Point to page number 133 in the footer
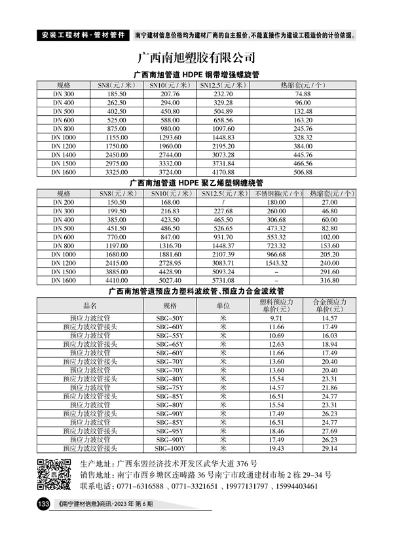pos(43,505)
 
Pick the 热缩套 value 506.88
pos(303,171)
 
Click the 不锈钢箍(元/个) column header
pos(278,194)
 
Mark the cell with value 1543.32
pos(278,262)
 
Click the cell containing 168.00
pos(169,203)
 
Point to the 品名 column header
pos(90,305)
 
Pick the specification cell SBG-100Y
pos(170,448)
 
